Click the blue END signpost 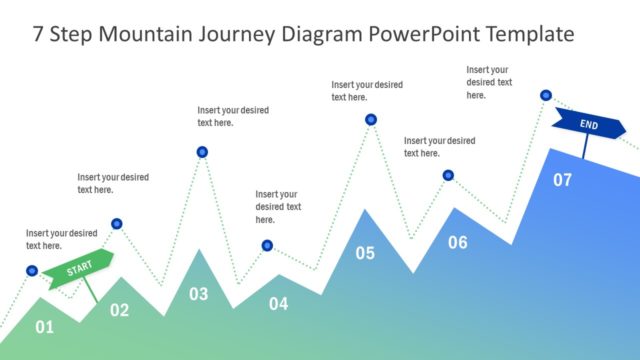(588, 126)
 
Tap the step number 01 (44, 327)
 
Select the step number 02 (119, 310)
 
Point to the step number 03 (199, 294)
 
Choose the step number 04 (278, 303)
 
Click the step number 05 (365, 253)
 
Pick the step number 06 (457, 242)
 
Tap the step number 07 (563, 180)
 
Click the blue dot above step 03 (202, 152)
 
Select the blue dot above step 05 (371, 120)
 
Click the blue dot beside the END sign (546, 95)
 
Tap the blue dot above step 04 (267, 245)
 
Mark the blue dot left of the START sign (32, 271)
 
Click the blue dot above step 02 (117, 224)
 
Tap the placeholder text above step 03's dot (231, 117)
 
